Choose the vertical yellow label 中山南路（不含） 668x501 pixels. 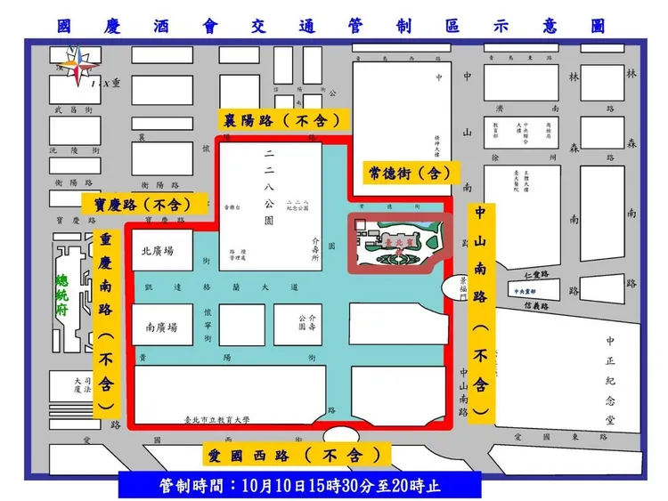480,311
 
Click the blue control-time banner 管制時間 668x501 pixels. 300,486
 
